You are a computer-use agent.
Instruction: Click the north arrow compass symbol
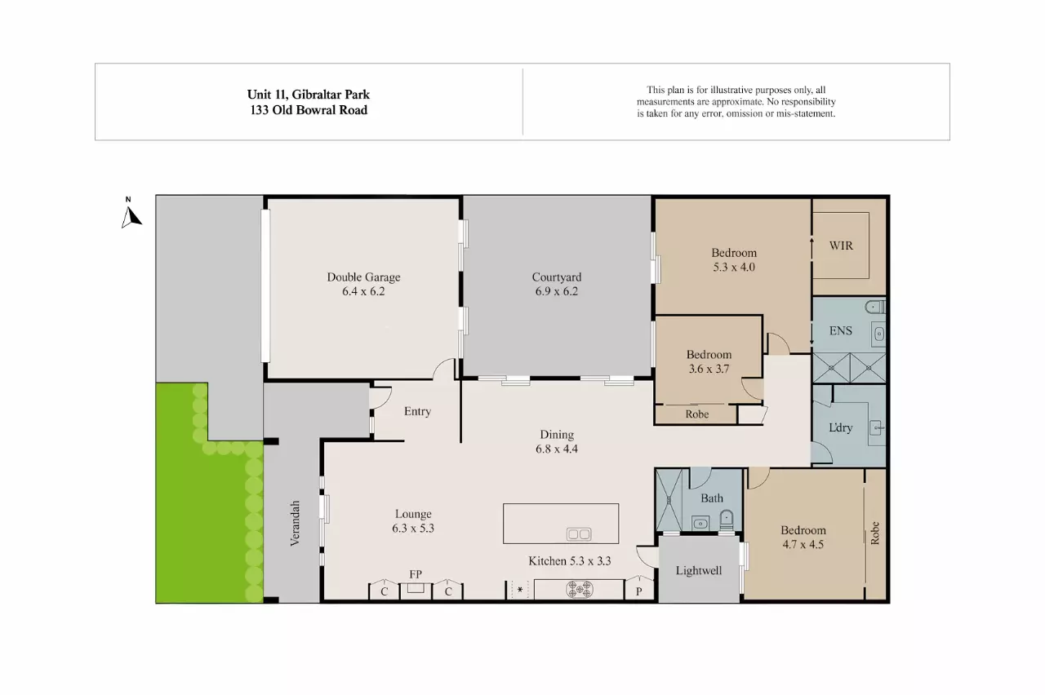coord(131,215)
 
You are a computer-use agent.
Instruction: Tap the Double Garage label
coord(363,277)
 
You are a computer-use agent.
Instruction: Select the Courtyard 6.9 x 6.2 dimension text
coord(556,291)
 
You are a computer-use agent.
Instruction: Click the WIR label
coord(841,245)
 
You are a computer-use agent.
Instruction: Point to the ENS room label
coord(840,330)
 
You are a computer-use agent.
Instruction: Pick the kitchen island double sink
coord(579,534)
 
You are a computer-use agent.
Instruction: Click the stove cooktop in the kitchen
coord(580,588)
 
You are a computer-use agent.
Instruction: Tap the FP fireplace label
coord(416,574)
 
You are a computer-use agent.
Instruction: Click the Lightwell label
coord(698,570)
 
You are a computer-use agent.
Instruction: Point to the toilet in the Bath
coord(726,519)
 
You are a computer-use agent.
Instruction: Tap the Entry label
coord(417,411)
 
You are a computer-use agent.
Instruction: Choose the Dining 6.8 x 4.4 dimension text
coord(556,449)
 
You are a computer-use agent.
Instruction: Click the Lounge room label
coord(413,514)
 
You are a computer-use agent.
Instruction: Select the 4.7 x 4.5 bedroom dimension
coord(803,544)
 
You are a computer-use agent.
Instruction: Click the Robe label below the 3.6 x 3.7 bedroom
coord(696,414)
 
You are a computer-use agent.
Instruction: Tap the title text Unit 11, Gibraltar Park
coord(309,95)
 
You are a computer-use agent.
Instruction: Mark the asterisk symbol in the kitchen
coord(519,589)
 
